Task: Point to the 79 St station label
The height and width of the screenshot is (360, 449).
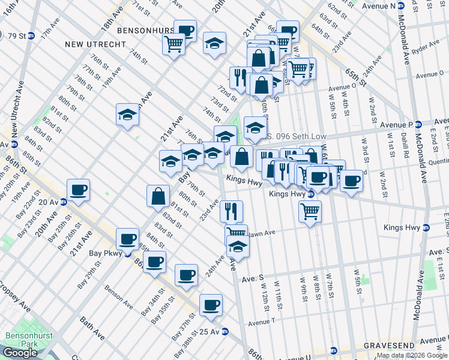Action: click(x=16, y=36)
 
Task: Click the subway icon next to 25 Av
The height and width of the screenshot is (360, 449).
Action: click(x=225, y=331)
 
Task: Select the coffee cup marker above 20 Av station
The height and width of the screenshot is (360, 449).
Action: click(x=78, y=190)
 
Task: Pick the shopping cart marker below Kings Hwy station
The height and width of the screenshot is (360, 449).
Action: click(x=310, y=211)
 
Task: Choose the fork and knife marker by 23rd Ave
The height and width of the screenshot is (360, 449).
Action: click(x=231, y=211)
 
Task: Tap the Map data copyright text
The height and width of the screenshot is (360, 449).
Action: click(x=412, y=356)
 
